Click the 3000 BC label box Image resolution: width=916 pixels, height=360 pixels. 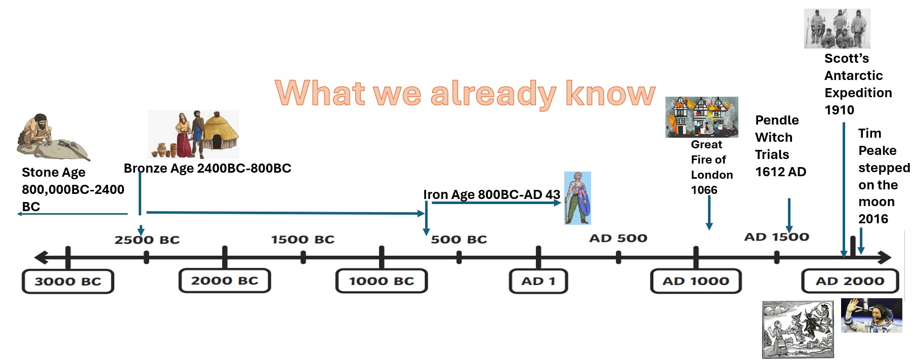[68, 282]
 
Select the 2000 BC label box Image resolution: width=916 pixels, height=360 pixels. [225, 281]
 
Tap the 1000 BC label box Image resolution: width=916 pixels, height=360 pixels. [382, 281]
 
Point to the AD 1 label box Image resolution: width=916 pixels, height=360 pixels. [538, 281]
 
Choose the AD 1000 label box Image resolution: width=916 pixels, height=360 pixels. [696, 281]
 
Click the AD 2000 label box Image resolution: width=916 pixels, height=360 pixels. [850, 281]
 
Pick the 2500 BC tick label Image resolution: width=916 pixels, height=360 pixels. [147, 239]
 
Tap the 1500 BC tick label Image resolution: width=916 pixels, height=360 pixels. [303, 239]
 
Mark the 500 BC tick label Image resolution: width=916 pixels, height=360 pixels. [459, 239]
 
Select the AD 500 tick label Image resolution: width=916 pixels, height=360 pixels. [618, 238]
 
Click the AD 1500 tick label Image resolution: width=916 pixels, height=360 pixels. [777, 237]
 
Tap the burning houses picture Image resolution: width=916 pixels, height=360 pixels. [702, 117]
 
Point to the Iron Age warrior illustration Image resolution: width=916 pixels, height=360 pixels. [577, 198]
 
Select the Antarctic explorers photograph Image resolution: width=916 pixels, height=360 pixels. [837, 28]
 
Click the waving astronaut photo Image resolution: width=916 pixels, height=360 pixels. [871, 315]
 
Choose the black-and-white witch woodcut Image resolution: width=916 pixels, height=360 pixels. [798, 330]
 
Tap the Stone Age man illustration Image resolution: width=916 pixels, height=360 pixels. [53, 137]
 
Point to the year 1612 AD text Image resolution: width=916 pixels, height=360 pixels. [780, 172]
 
